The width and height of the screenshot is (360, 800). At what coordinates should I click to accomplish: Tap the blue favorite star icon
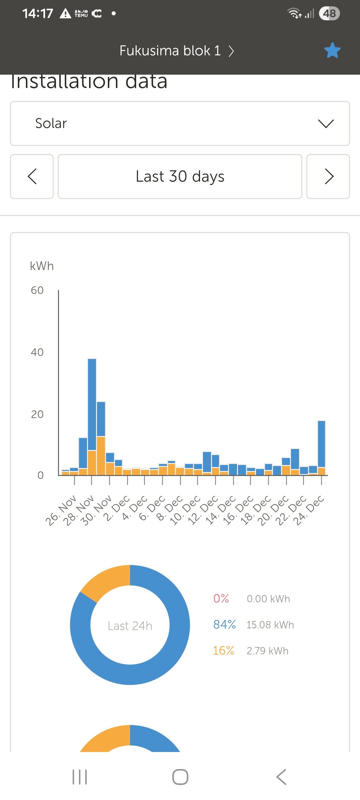click(x=332, y=50)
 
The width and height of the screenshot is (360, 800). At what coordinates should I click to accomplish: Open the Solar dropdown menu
click(x=180, y=123)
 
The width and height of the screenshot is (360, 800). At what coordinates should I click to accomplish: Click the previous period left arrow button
click(x=32, y=176)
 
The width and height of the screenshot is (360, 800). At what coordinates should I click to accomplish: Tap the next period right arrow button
click(x=328, y=176)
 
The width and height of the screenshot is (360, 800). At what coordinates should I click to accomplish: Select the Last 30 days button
click(x=180, y=176)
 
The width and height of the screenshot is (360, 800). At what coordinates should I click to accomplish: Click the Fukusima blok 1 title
click(x=170, y=51)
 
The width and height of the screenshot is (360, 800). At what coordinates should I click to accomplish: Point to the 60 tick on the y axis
click(x=37, y=290)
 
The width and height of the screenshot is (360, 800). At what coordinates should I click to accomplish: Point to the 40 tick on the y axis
click(x=37, y=352)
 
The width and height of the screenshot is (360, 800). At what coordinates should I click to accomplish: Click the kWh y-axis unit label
click(x=42, y=266)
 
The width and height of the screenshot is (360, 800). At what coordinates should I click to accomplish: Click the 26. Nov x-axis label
click(x=61, y=510)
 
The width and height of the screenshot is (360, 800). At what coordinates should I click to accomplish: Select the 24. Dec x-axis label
click(x=310, y=510)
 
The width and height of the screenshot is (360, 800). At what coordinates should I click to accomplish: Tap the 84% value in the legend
click(x=224, y=625)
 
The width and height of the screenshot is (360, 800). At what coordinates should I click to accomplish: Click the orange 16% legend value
click(x=223, y=651)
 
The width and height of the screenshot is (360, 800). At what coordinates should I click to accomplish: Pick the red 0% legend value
click(x=221, y=599)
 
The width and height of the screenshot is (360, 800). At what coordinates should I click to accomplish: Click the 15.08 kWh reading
click(x=270, y=625)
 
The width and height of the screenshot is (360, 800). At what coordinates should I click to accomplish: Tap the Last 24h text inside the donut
click(x=130, y=626)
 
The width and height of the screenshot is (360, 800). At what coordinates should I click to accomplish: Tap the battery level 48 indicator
click(x=329, y=13)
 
